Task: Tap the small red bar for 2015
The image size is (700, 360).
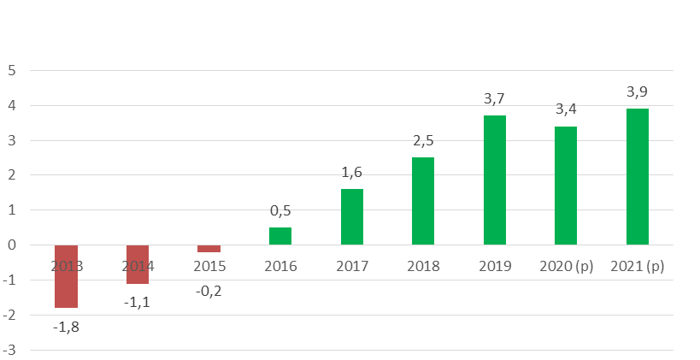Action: (x=209, y=249)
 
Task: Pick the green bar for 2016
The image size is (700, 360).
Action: (x=280, y=236)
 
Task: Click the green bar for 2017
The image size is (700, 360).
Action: (x=352, y=217)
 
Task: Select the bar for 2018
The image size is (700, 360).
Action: (x=423, y=201)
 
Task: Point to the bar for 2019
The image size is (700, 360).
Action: (x=495, y=180)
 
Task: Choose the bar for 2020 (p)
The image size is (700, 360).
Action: (x=566, y=186)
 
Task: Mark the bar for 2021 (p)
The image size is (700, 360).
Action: (x=638, y=177)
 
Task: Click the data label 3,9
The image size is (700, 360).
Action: (x=638, y=91)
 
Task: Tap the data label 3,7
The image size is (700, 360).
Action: (x=494, y=99)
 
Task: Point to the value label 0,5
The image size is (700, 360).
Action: (x=280, y=210)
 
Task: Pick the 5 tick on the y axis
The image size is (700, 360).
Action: (x=12, y=70)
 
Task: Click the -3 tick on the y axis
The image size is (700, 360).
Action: (x=9, y=350)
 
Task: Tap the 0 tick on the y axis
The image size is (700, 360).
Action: (x=12, y=245)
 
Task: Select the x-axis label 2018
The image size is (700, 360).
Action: (x=423, y=266)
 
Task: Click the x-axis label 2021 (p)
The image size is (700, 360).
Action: (x=638, y=266)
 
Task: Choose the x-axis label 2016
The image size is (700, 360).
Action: (x=280, y=266)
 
